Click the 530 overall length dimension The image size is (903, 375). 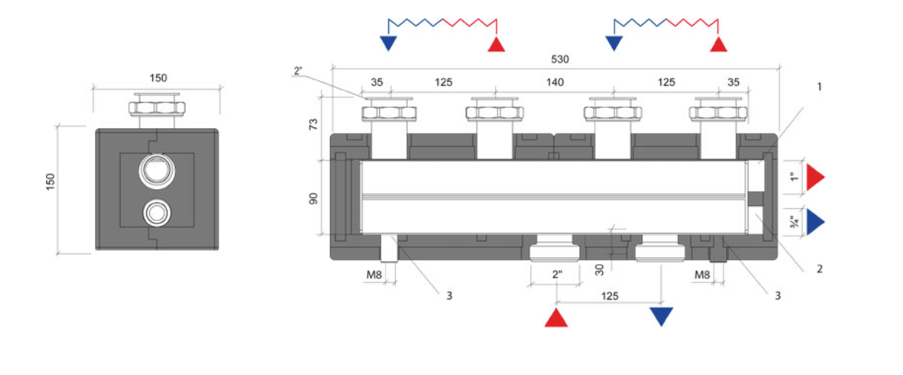(x=559, y=59)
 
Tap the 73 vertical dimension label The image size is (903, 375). (x=314, y=124)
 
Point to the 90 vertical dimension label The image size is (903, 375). (x=314, y=198)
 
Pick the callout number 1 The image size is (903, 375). (x=819, y=87)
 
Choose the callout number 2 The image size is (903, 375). (x=819, y=268)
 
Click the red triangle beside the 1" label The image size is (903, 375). (x=815, y=178)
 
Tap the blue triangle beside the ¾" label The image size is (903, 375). (x=815, y=222)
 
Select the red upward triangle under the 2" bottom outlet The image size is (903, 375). (x=556, y=317)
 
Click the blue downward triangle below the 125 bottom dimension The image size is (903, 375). (x=661, y=316)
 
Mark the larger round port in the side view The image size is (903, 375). (x=156, y=171)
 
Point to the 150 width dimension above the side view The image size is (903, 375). (x=158, y=78)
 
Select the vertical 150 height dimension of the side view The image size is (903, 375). (x=51, y=182)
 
